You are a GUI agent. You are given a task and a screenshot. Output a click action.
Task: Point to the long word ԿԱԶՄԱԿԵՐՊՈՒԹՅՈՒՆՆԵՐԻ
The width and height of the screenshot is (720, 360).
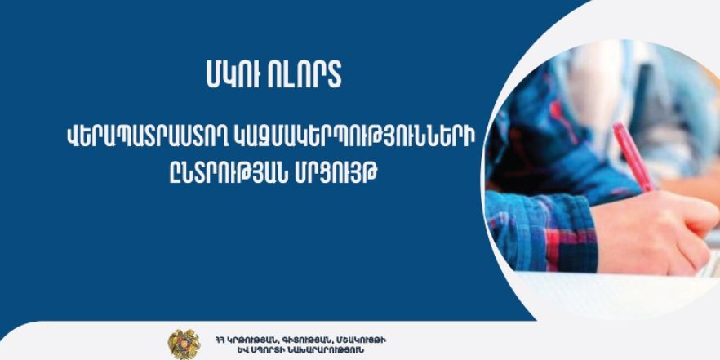point(358,136)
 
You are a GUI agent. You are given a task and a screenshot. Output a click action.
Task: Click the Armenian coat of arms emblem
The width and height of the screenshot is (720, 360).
point(184,344)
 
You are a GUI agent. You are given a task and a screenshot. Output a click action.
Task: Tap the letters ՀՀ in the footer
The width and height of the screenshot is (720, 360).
point(218,340)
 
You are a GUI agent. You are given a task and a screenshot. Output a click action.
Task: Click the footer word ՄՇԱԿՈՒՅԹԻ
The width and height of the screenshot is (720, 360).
point(361,340)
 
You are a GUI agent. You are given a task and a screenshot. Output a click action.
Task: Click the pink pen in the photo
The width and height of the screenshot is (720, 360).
point(633,157)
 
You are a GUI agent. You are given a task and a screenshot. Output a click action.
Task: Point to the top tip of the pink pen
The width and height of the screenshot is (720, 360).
point(617,124)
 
